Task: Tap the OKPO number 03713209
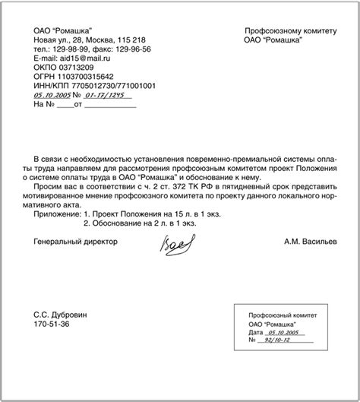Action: coord(72,68)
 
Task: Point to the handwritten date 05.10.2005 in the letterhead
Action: coord(52,96)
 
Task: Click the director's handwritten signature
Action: coord(175,245)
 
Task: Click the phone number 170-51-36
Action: coord(50,324)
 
